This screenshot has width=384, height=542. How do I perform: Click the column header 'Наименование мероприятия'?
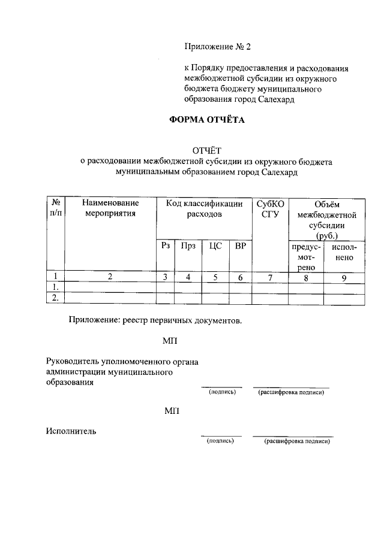(x=110, y=208)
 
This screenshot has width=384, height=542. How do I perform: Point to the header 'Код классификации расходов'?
(x=204, y=208)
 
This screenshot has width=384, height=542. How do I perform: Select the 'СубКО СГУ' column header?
(x=270, y=208)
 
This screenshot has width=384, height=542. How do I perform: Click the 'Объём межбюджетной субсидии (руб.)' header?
(x=326, y=219)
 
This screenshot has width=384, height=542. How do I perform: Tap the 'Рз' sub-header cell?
(x=166, y=246)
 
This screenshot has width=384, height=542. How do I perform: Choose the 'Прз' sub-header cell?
(x=188, y=246)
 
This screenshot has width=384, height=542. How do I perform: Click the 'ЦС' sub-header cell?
(x=215, y=246)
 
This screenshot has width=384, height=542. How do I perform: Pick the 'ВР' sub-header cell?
(x=240, y=246)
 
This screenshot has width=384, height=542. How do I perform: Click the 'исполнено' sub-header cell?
(x=344, y=252)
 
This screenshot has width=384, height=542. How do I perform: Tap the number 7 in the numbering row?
(x=270, y=277)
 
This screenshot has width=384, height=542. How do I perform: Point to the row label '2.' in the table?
(x=55, y=298)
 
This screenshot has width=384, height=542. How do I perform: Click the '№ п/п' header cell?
(x=55, y=208)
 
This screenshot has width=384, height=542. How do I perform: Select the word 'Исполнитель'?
(x=71, y=430)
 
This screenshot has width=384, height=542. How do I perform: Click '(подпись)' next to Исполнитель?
(x=220, y=441)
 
